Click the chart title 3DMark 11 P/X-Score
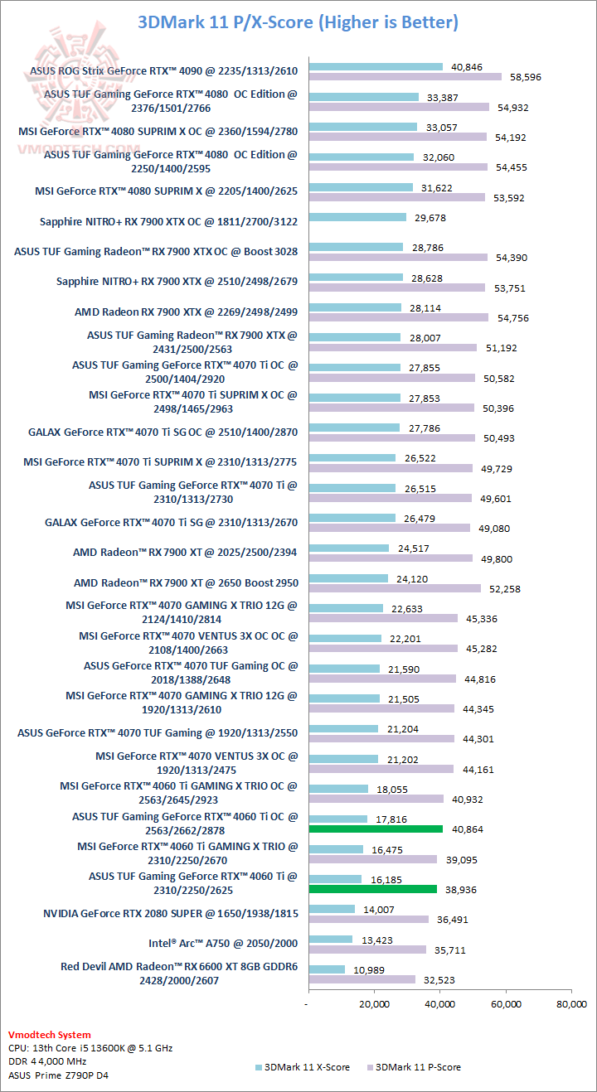coord(298,22)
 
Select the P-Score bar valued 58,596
coord(405,77)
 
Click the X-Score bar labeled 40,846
coord(376,66)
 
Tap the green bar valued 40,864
coord(376,829)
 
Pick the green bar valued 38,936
coord(372,889)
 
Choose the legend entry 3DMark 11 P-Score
coord(418,1067)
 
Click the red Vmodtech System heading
coord(49,1035)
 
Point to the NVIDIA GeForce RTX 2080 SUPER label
coord(170,913)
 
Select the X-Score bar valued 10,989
coord(327,969)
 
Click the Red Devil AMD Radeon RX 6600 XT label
coord(179,973)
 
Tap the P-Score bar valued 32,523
coord(362,979)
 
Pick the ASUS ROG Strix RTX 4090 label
coord(163,71)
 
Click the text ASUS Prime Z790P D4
coord(58,1075)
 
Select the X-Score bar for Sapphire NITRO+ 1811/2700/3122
coord(357,217)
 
